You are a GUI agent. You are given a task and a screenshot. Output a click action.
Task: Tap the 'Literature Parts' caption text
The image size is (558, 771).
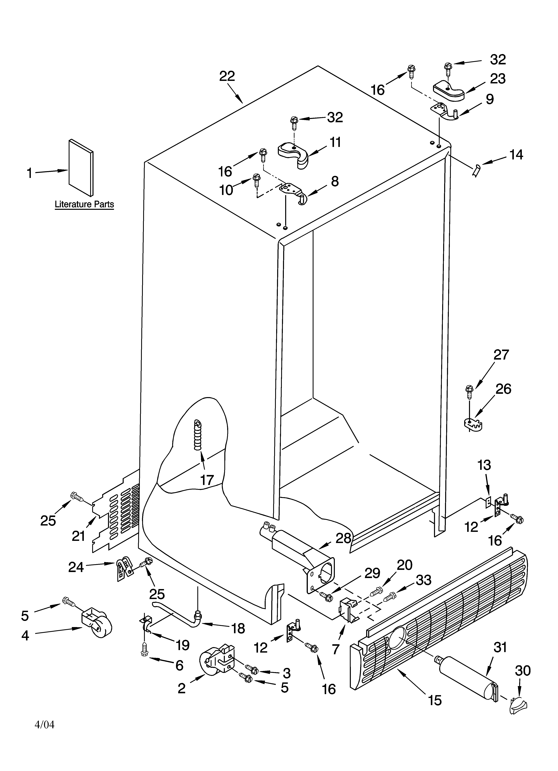pos(84,204)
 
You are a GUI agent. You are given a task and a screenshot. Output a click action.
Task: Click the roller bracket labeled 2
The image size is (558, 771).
pos(216,661)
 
